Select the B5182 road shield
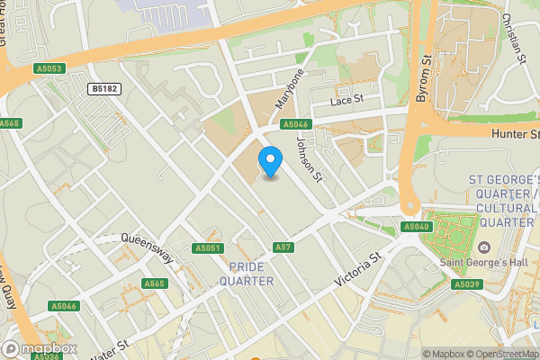pyautogui.click(x=105, y=88)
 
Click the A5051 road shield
pyautogui.click(x=207, y=247)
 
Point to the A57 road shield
pyautogui.click(x=283, y=247)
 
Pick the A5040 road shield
pyautogui.click(x=416, y=227)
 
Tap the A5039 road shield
pyautogui.click(x=465, y=284)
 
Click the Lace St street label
pyautogui.click(x=346, y=100)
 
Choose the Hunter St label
pyautogui.click(x=515, y=134)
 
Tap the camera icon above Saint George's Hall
pyautogui.click(x=484, y=247)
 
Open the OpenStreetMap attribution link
pyautogui.click(x=499, y=354)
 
